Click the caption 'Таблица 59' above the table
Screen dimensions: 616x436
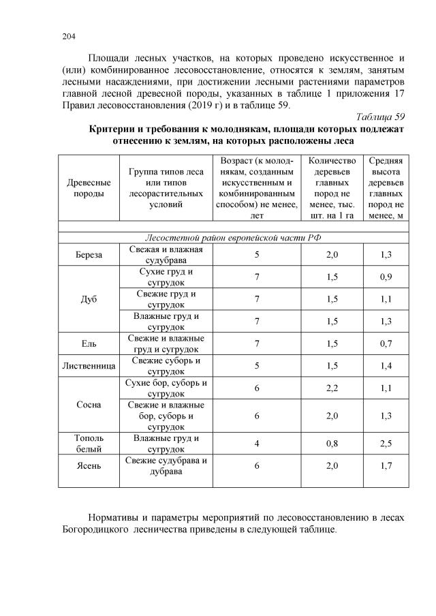point(381,117)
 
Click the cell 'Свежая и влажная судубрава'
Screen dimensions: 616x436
point(166,254)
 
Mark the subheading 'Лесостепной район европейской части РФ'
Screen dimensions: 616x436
point(233,237)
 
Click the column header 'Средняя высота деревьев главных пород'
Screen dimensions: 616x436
point(386,188)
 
